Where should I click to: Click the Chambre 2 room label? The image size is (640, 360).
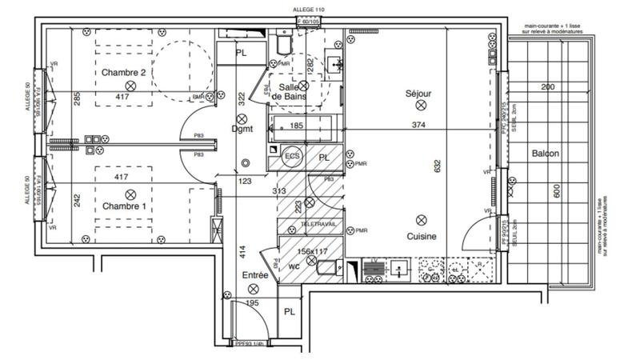coord(123,73)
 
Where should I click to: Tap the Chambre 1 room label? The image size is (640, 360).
coord(123,206)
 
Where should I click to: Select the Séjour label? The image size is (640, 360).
coord(418,94)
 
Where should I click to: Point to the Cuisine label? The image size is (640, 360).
coord(420,237)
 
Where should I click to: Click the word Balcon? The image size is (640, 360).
coord(544,154)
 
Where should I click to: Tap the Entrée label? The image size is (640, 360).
coord(254,274)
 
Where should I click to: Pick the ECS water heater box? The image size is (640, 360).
coord(292,156)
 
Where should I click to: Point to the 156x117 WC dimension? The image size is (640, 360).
coord(313,250)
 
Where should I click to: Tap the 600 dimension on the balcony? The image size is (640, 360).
coord(557,191)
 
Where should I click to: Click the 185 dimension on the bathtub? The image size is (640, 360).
coord(296,126)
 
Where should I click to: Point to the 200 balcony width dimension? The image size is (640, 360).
coord(546,86)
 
